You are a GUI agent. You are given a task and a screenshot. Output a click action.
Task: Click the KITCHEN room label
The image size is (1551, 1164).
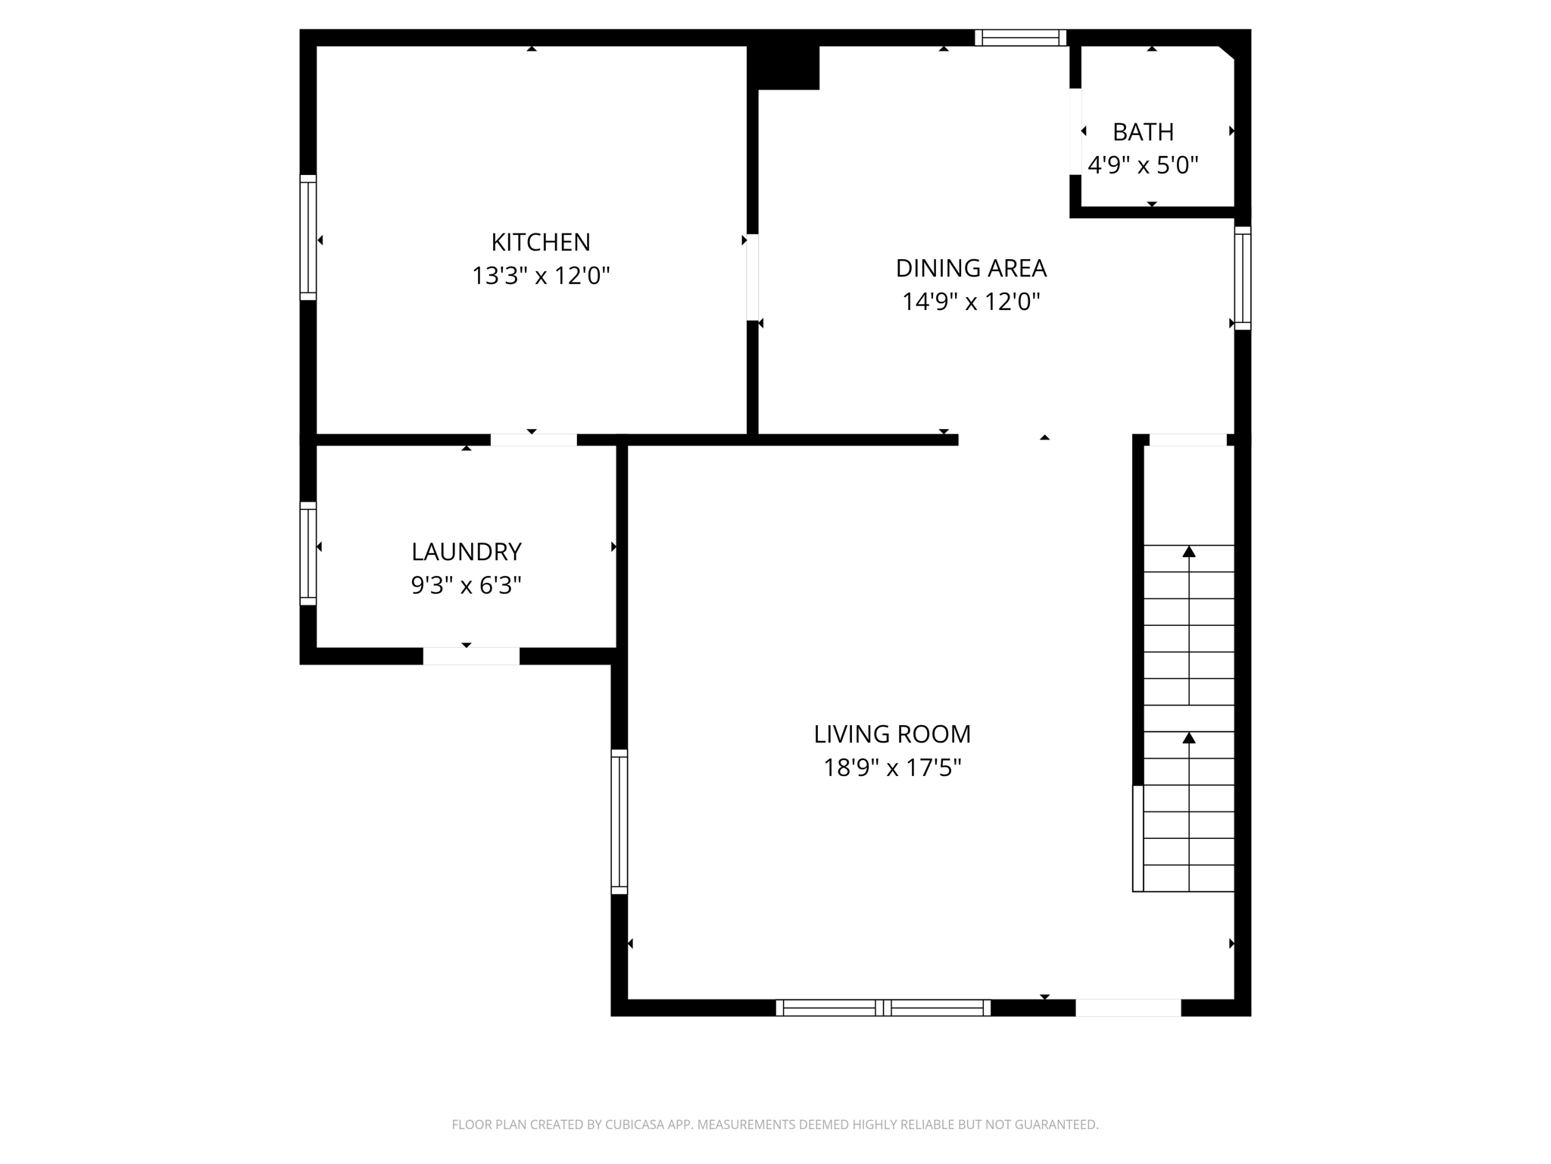click(540, 242)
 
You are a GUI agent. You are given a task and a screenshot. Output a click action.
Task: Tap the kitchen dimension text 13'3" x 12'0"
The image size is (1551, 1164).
click(540, 276)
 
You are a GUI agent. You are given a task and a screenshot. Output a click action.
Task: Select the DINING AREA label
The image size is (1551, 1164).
click(971, 268)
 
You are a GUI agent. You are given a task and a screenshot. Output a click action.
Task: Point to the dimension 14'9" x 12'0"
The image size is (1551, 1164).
click(971, 302)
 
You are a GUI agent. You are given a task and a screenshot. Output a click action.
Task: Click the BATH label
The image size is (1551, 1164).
click(1143, 133)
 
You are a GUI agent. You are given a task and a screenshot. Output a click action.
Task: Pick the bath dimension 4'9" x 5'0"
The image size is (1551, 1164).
click(1143, 165)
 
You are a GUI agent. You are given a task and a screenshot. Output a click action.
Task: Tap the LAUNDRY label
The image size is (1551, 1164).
click(466, 552)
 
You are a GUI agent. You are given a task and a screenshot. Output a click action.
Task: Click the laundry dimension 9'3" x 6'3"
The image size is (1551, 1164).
click(466, 586)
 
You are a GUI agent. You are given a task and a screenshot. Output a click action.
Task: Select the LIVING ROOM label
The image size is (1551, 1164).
click(892, 734)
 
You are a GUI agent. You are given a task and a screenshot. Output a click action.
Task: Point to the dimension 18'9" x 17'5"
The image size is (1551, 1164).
click(892, 768)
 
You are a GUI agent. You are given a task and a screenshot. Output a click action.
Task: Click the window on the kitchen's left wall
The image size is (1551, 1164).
click(307, 237)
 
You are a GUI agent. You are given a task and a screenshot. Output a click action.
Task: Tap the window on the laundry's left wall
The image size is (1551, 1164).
click(307, 553)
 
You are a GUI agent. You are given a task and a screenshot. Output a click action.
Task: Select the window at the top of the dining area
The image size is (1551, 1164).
click(1020, 38)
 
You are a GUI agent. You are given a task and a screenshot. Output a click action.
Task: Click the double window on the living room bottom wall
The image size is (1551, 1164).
click(883, 1008)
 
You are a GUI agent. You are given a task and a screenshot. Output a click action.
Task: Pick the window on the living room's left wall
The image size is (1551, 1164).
click(619, 821)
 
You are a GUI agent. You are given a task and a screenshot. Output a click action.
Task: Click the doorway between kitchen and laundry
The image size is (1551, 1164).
click(533, 440)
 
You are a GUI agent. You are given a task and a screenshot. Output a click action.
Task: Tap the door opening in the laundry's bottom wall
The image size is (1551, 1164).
click(471, 656)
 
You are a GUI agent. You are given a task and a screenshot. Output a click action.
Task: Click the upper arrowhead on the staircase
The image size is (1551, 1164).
click(1189, 552)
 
